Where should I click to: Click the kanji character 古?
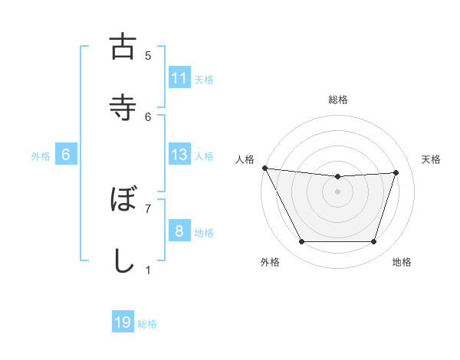pos(123,47)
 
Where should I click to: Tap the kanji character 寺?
pos(123,108)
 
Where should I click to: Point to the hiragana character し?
pos(123,260)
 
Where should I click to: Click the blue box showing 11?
pos(179,78)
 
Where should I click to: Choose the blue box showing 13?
pos(179,155)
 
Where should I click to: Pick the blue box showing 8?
pos(179,231)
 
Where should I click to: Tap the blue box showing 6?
pos(66,155)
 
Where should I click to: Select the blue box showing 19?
pos(123,322)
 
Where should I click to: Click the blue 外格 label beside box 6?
pos(41,156)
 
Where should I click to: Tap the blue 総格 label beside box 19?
pos(147,324)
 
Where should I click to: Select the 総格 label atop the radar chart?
pos(338,100)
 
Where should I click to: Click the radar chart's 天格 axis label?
pos(431,159)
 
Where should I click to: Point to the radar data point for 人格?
pos(264,168)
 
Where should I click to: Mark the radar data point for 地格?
pos(374,242)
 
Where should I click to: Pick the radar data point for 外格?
pos(301,242)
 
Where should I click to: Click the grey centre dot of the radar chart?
pos(338,191)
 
